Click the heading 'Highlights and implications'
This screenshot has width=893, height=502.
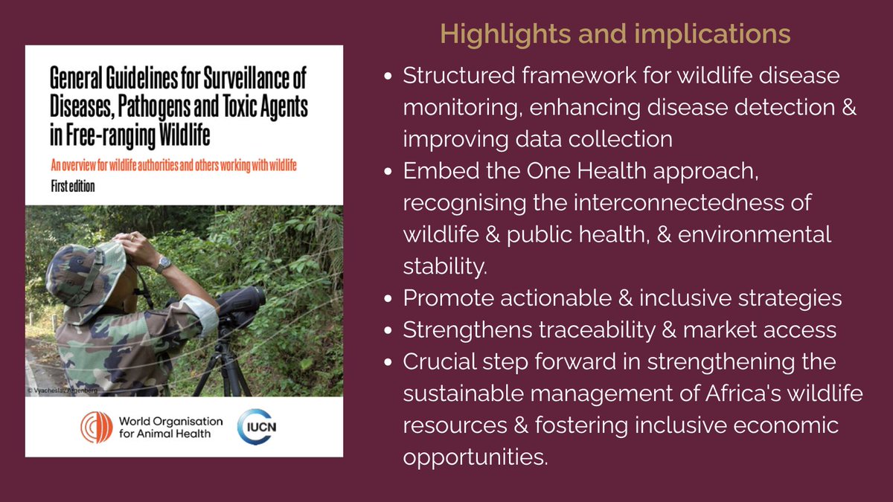coord(615,33)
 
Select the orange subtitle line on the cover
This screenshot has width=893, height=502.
coord(173,166)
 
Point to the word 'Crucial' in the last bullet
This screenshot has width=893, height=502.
coord(438,362)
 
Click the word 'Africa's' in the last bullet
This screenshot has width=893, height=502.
coord(721,393)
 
